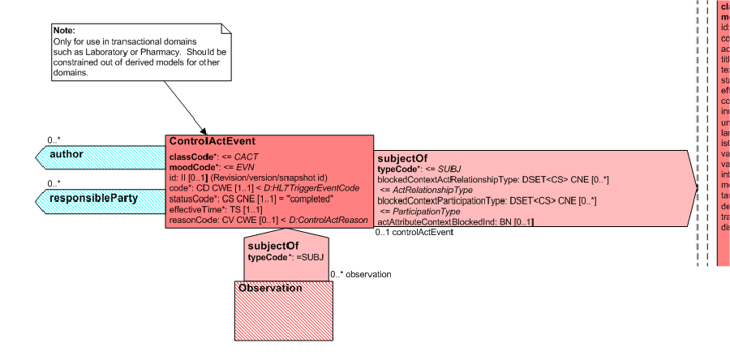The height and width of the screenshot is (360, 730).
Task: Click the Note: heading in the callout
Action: [x=64, y=30]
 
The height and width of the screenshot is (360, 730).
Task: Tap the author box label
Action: [x=67, y=154]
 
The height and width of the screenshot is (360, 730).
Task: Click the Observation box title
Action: [x=270, y=288]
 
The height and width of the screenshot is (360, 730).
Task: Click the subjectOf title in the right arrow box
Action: [x=402, y=158]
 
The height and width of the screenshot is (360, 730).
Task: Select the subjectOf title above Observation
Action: [x=273, y=246]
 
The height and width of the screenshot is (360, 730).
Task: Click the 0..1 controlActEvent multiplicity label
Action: [x=414, y=232]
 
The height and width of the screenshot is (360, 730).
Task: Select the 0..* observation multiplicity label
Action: [x=361, y=275]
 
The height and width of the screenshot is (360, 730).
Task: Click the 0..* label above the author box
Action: [x=54, y=139]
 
